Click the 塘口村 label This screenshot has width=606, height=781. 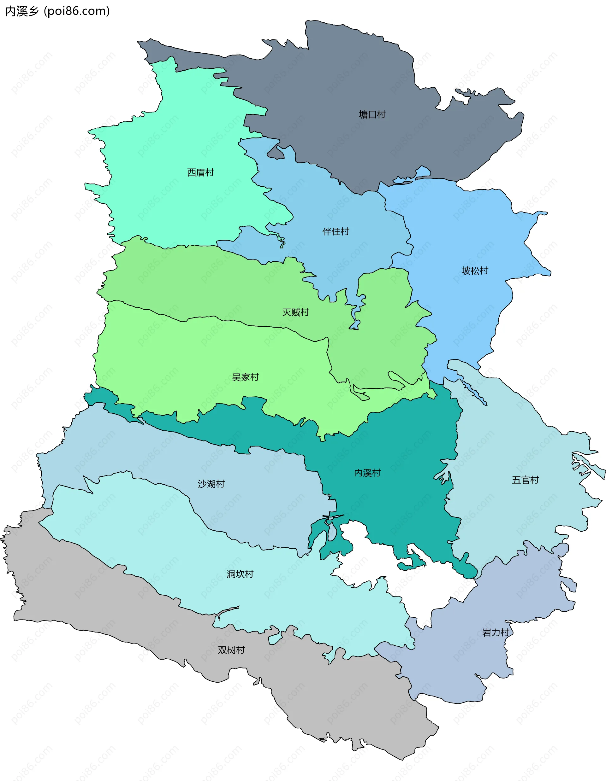coord(372,114)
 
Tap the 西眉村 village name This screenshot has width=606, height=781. coord(200,173)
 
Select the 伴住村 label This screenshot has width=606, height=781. coord(336,232)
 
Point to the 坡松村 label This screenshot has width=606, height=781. coord(475,271)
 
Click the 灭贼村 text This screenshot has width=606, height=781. coord(295,312)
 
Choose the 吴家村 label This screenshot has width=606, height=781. coord(245,377)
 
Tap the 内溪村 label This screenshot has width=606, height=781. coord(367,473)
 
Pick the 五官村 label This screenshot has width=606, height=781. coord(525,480)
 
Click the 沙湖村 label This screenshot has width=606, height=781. coord(211,484)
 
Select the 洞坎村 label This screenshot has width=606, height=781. coord(240,574)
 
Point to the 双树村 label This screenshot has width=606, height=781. coord(231,650)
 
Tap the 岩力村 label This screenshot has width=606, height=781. coord(496,632)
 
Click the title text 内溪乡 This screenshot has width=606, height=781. coord(22,11)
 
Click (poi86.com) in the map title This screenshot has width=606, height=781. coord(77,11)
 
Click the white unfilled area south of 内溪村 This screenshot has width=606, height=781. coord(422,586)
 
